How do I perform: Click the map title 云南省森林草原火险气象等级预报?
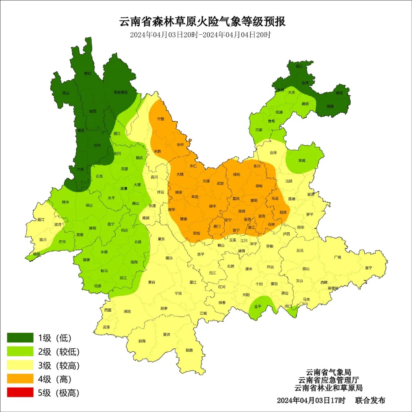[x=203, y=21]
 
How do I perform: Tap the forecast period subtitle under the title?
[x=200, y=35]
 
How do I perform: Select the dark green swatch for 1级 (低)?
[x=20, y=338]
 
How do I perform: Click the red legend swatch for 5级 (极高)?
[x=20, y=393]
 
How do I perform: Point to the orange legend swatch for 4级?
[x=20, y=379]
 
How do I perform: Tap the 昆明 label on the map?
[x=241, y=211]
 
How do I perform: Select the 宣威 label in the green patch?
[x=301, y=161]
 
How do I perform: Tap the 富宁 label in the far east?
[x=368, y=268]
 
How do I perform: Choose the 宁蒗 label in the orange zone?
[x=161, y=119]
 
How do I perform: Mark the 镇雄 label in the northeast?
[x=330, y=106]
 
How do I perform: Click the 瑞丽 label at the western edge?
[x=36, y=254]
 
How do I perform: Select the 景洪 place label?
[x=166, y=335]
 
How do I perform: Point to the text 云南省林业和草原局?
[x=328, y=388]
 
